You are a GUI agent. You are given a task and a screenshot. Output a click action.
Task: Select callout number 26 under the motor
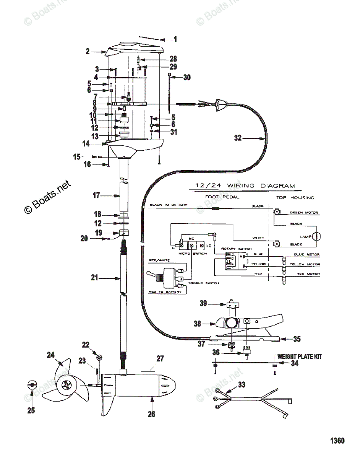coord(151,414)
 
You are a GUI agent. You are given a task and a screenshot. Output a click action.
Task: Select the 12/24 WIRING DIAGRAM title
coord(245,186)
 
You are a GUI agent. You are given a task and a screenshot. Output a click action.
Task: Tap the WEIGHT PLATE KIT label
coord(299,356)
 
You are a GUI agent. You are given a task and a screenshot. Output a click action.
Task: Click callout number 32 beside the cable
coord(237,138)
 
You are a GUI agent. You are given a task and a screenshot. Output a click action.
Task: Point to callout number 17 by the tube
coord(96,195)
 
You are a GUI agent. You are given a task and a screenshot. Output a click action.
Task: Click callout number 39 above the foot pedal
coord(203,303)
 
